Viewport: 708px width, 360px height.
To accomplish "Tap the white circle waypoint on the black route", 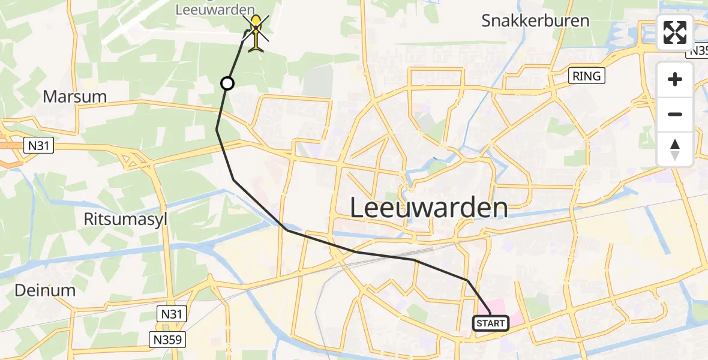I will point(227,83).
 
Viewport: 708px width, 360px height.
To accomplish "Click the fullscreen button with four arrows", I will point(675,32).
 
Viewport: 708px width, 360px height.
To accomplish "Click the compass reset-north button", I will point(675,149).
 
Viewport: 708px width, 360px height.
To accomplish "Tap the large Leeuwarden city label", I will point(428,208).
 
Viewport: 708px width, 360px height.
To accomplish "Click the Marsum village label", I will point(74,96).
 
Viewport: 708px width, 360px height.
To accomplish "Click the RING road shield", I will point(587,76).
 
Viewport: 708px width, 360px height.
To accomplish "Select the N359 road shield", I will point(167,340).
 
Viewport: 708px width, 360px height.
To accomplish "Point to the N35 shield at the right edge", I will point(698,51).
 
